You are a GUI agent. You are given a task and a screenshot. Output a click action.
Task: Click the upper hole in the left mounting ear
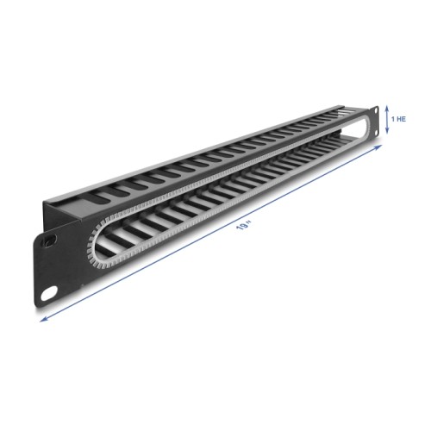52,240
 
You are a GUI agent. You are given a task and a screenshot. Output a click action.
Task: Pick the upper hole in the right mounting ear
376,109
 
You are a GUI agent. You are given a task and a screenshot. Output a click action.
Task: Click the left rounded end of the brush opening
92,246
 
